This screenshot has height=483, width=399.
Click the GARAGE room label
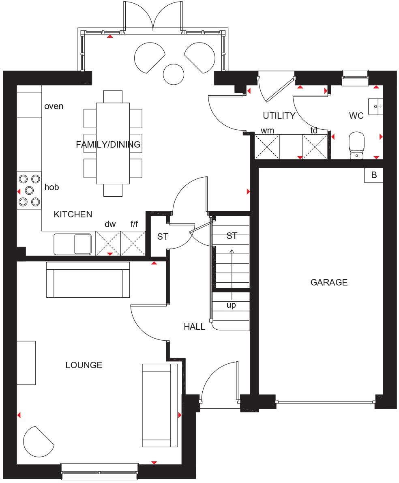pos(329,282)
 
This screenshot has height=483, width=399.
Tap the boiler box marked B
pos(374,175)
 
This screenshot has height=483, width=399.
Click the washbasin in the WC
pos(375,106)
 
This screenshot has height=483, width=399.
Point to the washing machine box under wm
pos(267,147)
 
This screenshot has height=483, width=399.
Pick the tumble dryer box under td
pos(314,147)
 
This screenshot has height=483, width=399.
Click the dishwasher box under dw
pos(108,243)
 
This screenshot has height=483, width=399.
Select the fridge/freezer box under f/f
pos(133,243)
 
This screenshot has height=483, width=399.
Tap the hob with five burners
pos(29,190)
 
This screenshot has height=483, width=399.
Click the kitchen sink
pos(73,244)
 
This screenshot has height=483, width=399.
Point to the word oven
pos(54,106)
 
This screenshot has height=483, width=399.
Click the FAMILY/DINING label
pos(108,144)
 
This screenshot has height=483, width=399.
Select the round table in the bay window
pos(174,74)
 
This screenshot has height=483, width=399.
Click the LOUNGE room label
pos(84,365)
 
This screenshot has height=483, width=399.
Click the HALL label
pos(194,326)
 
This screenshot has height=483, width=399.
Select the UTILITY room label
pos(279,116)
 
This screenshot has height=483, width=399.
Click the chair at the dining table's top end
pos(113,96)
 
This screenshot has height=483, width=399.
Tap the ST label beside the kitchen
pos(163,237)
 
